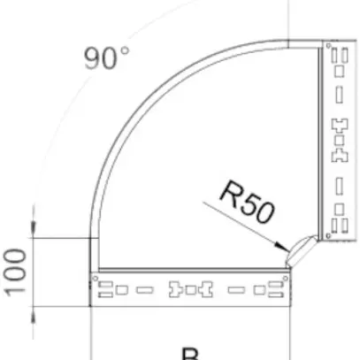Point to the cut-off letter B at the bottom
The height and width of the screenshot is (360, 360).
point(189,354)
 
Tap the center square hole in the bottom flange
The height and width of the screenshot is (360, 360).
point(192,289)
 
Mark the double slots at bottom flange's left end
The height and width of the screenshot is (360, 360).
point(112,287)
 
